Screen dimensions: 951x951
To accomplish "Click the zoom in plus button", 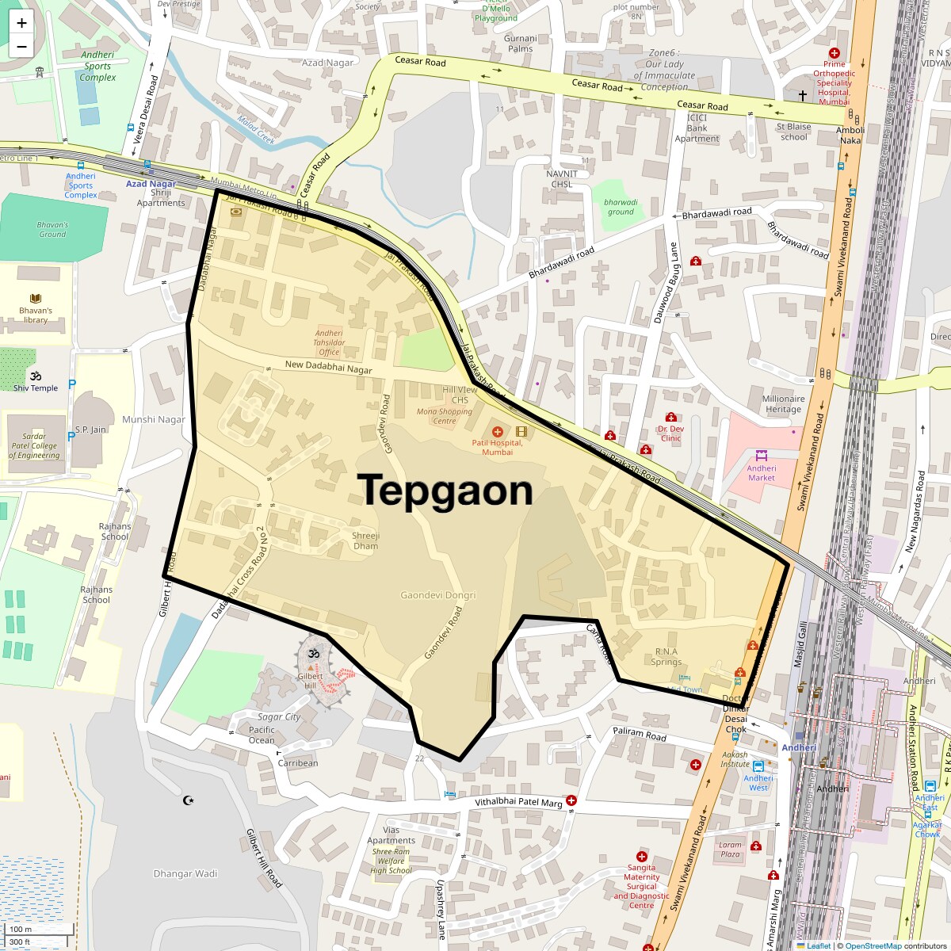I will click(x=21, y=23).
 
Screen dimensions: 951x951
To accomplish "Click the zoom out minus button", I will click(x=21, y=46).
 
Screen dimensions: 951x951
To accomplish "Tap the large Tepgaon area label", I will click(x=445, y=491).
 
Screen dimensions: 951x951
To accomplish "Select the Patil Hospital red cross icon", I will click(x=498, y=432).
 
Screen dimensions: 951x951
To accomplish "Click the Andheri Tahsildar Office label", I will click(x=329, y=342).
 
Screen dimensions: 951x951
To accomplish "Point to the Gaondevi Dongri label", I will click(x=437, y=595).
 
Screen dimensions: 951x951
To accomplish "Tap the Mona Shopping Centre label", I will click(x=444, y=416).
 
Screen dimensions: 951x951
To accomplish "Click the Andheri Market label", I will click(x=761, y=473).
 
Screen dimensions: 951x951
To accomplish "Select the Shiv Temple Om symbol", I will click(x=35, y=376).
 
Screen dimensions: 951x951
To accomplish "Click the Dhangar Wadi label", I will click(x=185, y=873).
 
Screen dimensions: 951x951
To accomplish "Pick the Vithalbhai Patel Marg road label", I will click(x=518, y=803).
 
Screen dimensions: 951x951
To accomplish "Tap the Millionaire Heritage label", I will click(x=783, y=404).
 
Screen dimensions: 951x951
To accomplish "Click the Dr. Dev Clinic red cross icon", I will click(x=670, y=418).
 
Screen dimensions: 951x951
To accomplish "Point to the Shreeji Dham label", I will click(x=365, y=540).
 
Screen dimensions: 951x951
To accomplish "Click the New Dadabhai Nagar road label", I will click(x=328, y=369).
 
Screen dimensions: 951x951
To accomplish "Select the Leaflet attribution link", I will click(x=819, y=945).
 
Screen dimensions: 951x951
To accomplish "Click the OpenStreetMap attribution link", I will click(x=873, y=945).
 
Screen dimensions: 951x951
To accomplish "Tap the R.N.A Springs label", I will click(x=666, y=657).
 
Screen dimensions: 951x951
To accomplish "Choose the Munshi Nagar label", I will click(x=154, y=420).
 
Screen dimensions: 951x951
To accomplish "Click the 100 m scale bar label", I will click(x=21, y=929).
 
